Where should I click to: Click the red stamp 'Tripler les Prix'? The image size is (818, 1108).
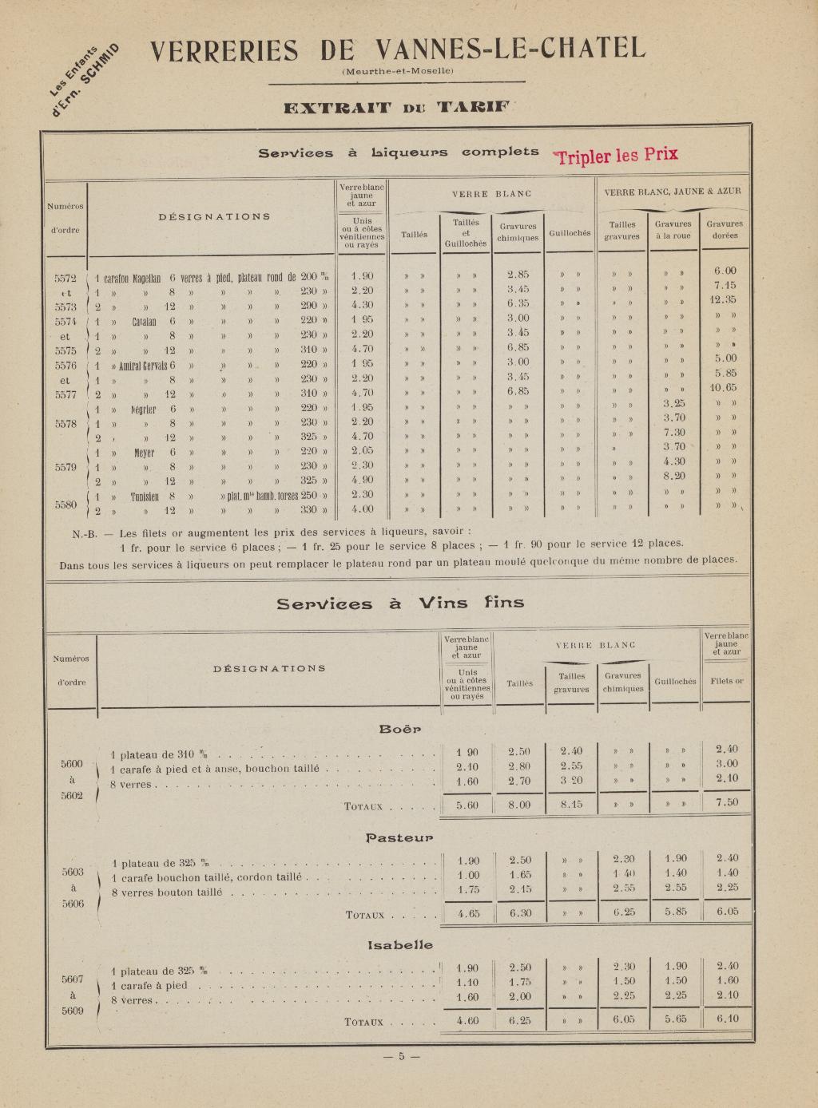point(617,155)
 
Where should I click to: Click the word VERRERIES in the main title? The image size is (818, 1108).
point(224,51)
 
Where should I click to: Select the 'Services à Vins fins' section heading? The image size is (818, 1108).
point(400,603)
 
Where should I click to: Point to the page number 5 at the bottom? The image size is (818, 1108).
point(401,1057)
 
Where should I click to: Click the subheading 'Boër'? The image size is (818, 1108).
point(399,729)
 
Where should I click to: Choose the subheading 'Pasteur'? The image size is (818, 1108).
point(399,837)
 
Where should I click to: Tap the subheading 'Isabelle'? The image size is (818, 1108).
point(400,945)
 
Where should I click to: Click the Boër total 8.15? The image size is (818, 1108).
point(571,805)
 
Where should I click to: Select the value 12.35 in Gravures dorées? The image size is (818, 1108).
point(723,300)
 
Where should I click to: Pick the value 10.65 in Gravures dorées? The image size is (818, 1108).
point(723,388)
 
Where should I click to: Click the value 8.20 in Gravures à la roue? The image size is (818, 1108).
point(674,475)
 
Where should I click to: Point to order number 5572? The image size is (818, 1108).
point(65,279)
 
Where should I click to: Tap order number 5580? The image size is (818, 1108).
point(65,505)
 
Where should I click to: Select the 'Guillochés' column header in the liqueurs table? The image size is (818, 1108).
point(570,233)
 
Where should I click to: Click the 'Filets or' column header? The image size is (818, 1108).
point(726,681)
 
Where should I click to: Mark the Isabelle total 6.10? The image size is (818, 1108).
point(727,1019)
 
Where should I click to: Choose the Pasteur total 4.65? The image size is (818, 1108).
point(467,913)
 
